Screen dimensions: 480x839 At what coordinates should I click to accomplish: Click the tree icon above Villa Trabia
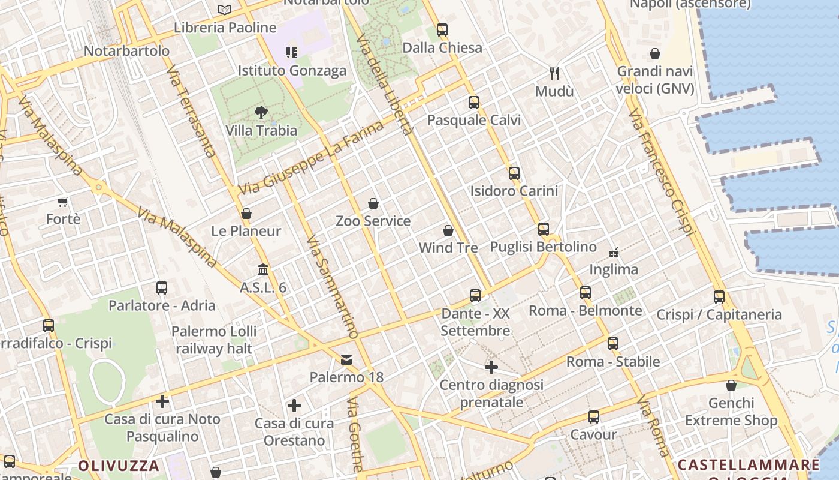click(x=261, y=112)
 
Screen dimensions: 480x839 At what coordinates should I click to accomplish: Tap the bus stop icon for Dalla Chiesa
click(x=442, y=29)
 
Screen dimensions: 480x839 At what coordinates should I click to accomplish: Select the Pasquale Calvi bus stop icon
click(x=474, y=102)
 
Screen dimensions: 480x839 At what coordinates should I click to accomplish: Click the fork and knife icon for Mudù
click(x=554, y=74)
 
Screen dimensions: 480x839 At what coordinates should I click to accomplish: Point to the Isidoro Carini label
click(x=514, y=191)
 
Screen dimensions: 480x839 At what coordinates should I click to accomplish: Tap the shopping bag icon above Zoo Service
click(x=373, y=203)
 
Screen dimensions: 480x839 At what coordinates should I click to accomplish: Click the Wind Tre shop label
click(x=448, y=247)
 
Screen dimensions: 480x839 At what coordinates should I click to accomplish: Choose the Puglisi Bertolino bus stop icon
click(x=544, y=229)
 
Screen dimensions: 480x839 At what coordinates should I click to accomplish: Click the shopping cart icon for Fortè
click(x=63, y=202)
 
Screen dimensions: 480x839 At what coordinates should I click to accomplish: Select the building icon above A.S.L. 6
click(x=263, y=269)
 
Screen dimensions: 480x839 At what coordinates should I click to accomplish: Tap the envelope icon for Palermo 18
click(x=346, y=359)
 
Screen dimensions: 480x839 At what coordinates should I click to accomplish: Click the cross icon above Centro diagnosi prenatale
click(x=491, y=367)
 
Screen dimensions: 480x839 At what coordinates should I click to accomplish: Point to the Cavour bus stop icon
click(x=594, y=416)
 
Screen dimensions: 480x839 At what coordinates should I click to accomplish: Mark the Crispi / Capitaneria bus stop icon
click(x=719, y=296)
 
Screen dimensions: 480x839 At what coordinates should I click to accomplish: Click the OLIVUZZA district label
click(x=119, y=466)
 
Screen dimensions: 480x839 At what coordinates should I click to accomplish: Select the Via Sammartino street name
click(x=331, y=287)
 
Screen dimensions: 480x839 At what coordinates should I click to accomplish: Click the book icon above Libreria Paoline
click(x=225, y=10)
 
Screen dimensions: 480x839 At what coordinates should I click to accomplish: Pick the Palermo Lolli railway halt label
click(x=214, y=340)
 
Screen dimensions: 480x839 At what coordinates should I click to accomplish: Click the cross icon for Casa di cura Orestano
click(x=294, y=406)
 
